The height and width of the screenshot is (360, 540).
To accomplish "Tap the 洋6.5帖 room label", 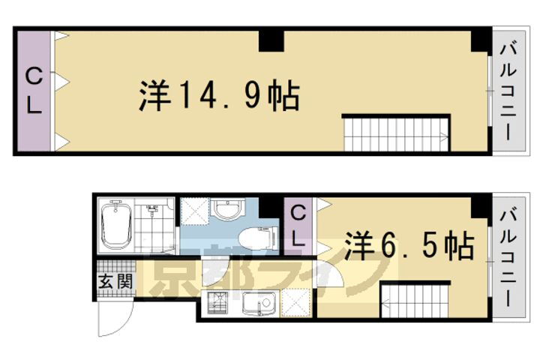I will click(x=409, y=244).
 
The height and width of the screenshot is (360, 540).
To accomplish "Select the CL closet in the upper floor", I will click(x=34, y=90).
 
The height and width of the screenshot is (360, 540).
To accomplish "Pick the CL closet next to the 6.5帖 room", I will click(x=298, y=226).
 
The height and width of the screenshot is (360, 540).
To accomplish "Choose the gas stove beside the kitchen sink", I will click(x=219, y=305).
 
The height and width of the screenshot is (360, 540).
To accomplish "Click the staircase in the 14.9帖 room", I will click(x=395, y=134).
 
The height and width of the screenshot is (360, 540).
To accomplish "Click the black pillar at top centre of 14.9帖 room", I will click(x=272, y=40).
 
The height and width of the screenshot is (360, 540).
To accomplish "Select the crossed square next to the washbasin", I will click(x=193, y=214).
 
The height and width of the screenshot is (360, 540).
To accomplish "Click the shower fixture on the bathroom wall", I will click(x=154, y=211).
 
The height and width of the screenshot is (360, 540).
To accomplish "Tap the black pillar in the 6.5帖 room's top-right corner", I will click(x=481, y=206).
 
